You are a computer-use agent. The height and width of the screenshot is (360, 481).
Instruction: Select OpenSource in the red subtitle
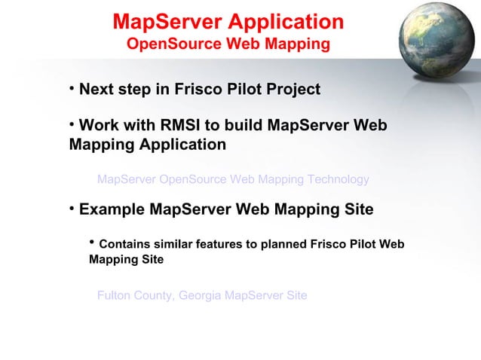pos(167,44)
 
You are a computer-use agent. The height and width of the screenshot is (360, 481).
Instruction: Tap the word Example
pos(112,209)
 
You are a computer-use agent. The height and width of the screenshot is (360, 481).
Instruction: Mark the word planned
pos(283,245)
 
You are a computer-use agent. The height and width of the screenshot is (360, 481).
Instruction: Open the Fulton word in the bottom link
pos(113,295)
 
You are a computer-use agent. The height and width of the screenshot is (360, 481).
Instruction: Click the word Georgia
pos(201,295)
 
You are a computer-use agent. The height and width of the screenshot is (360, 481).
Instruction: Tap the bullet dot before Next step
pos(72,89)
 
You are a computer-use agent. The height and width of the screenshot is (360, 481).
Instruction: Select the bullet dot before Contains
pos(92,243)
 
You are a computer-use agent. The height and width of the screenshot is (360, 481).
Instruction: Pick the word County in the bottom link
pos(153,295)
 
